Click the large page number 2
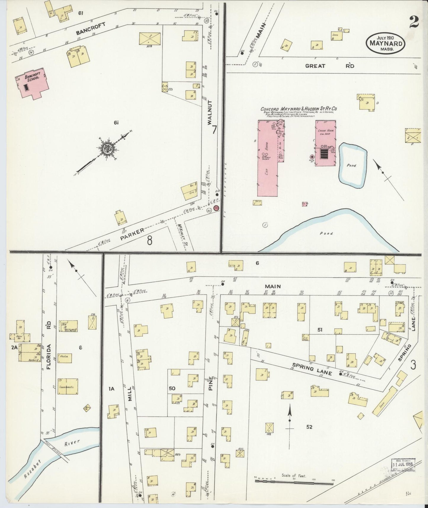[414, 22]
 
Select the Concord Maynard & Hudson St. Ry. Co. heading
[299, 109]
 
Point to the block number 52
[309, 427]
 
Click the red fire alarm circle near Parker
[217, 208]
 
